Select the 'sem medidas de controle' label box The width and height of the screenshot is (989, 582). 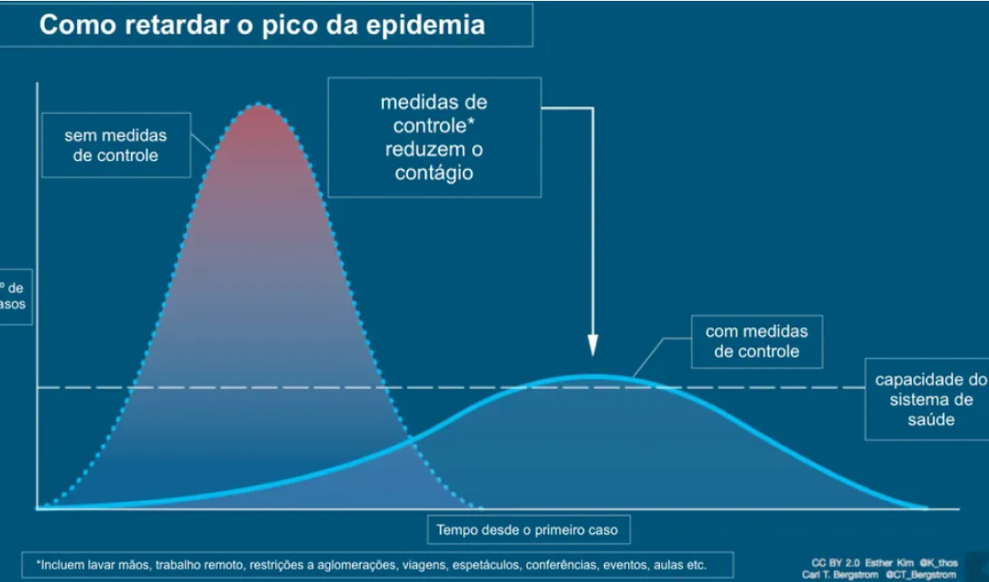[x=116, y=146]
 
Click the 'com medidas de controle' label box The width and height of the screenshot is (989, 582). [x=757, y=340]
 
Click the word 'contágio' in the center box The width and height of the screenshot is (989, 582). [x=434, y=172]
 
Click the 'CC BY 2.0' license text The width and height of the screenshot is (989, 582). [x=836, y=563]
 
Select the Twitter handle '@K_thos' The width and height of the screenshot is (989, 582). [x=938, y=563]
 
